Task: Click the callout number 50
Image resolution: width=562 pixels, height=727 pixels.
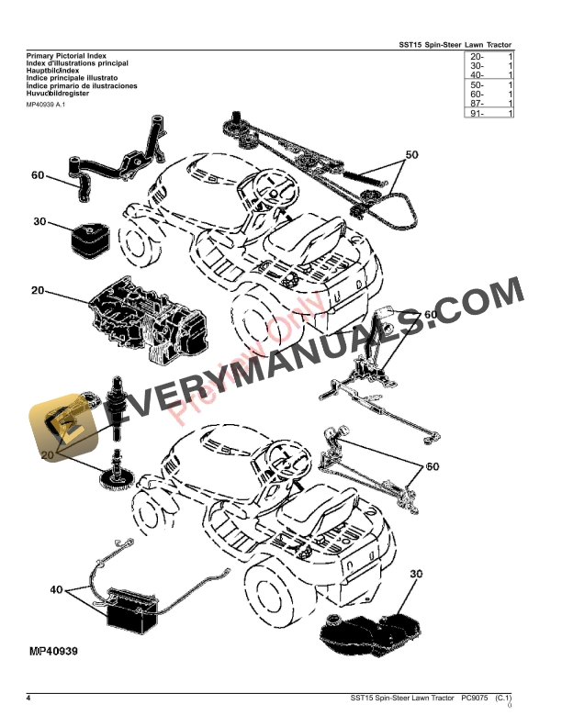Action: [411, 154]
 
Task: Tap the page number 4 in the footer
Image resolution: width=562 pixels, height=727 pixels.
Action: [28, 699]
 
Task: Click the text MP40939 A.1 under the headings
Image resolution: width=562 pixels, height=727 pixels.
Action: [46, 105]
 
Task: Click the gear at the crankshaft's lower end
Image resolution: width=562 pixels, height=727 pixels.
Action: [116, 477]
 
